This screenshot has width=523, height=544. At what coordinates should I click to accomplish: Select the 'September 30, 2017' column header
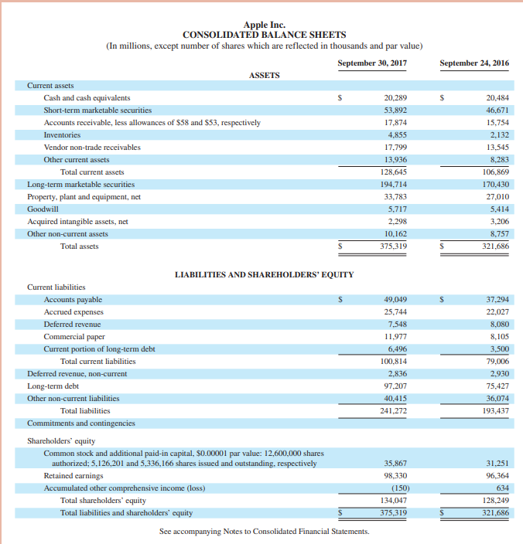click(372, 63)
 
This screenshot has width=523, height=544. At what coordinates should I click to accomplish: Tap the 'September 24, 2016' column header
click(473, 63)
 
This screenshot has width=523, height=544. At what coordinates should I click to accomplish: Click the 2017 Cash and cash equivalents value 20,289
click(395, 98)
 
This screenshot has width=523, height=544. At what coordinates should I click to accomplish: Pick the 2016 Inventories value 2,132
click(497, 134)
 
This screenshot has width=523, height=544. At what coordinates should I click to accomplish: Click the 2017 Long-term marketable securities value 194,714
click(392, 185)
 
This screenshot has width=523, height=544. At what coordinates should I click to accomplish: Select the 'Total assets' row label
click(80, 246)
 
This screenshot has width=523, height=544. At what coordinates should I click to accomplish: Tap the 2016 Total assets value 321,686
click(494, 246)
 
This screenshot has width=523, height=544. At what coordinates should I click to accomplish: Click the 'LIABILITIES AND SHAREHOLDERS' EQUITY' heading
click(264, 274)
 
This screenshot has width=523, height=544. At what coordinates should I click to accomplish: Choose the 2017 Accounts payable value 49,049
click(395, 299)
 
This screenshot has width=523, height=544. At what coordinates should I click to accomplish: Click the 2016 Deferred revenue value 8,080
click(497, 324)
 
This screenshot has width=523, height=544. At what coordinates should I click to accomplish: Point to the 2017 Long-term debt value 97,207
click(395, 386)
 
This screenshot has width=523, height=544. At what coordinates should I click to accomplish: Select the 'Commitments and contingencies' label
click(80, 423)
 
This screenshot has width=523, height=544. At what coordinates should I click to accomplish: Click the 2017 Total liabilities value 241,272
click(392, 410)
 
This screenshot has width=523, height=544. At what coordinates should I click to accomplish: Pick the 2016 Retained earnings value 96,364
click(495, 475)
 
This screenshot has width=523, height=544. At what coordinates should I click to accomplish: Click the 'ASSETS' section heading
click(264, 75)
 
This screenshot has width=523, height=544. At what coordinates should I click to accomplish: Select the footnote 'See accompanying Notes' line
click(264, 531)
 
